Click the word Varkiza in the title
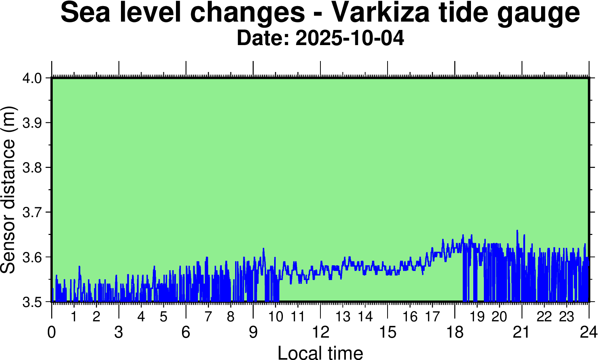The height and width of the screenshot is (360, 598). point(381,12)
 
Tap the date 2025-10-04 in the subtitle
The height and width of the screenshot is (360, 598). point(350,38)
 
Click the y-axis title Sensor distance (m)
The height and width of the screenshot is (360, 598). point(8,189)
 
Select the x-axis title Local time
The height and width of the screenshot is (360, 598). point(320,352)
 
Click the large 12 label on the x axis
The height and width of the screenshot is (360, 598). point(320,332)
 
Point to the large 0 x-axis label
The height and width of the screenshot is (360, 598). point(52,332)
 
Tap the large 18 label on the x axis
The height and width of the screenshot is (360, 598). point(455,332)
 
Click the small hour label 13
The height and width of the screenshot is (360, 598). point(343,316)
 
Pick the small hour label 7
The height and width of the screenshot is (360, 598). point(208,316)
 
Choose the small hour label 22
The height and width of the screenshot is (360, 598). point(544,316)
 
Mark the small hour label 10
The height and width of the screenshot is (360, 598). point(276,316)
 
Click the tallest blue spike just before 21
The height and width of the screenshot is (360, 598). point(517,231)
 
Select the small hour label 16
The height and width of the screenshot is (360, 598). point(410,316)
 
